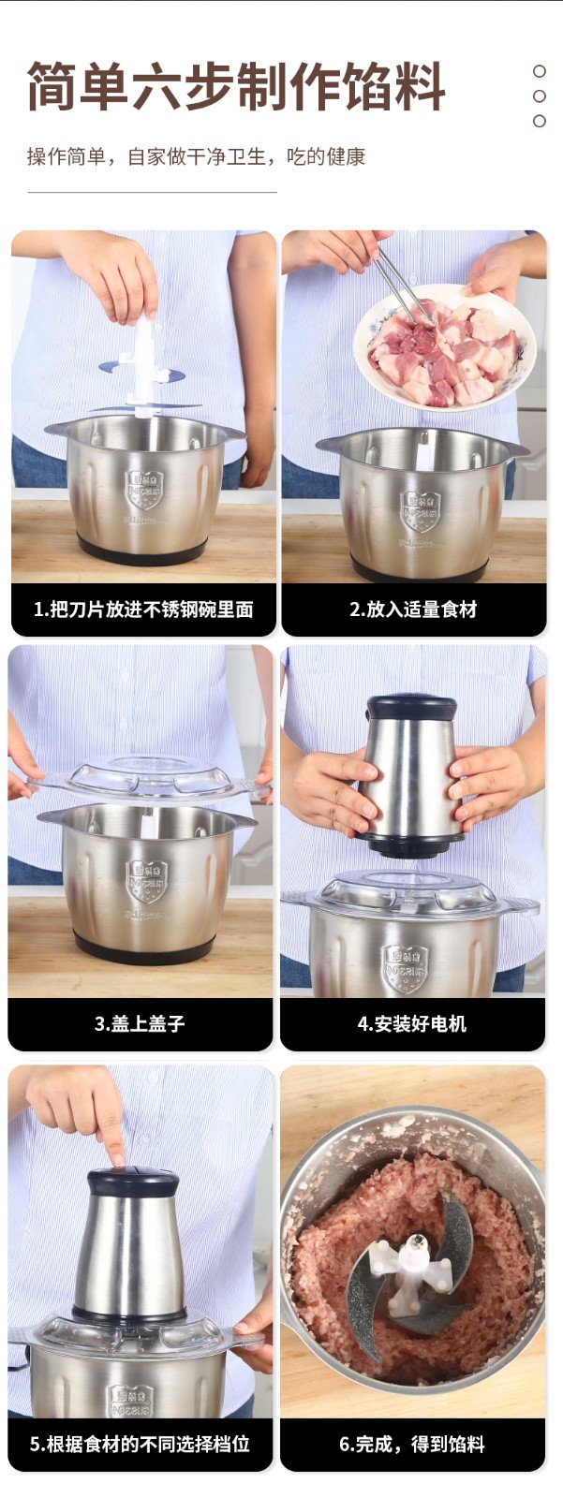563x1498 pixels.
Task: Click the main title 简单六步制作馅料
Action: [x=236, y=86]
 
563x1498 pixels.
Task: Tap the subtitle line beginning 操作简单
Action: [x=196, y=156]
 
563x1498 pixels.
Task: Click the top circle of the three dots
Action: [x=539, y=71]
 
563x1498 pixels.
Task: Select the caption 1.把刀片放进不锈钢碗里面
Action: [x=143, y=609]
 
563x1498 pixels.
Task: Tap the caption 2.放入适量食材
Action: [x=413, y=609]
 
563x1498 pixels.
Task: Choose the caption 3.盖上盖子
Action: [x=140, y=1024]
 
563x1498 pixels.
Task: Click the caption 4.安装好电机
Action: [x=411, y=1024]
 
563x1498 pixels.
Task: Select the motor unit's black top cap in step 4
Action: [x=411, y=706]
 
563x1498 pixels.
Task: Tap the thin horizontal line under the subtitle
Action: [x=152, y=193]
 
